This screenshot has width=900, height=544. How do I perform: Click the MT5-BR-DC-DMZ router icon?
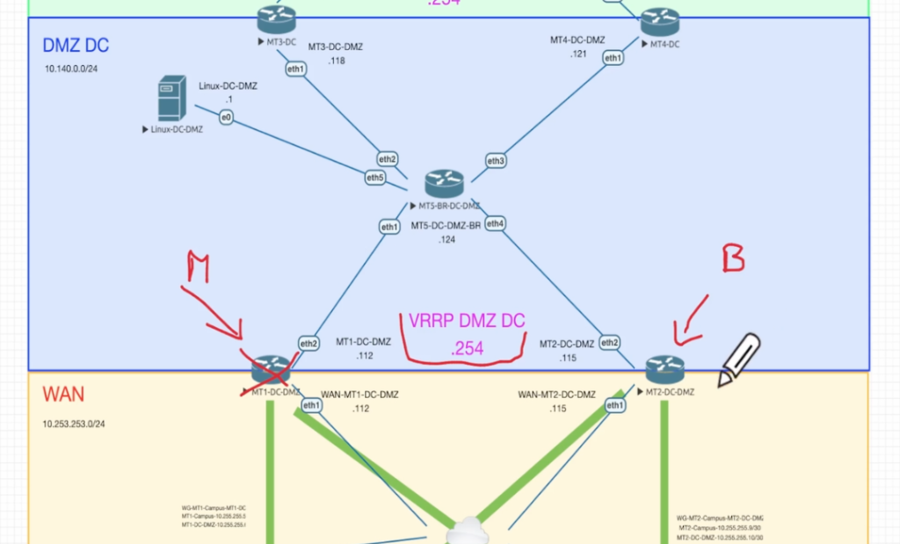(x=443, y=184)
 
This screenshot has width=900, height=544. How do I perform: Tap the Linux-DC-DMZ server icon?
(x=171, y=98)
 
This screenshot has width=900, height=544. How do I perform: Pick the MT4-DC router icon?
(x=659, y=22)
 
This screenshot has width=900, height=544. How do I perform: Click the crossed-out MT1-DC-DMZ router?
(x=271, y=372)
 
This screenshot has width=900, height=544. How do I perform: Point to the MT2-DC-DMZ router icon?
(x=664, y=370)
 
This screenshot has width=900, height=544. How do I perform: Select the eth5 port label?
(x=375, y=178)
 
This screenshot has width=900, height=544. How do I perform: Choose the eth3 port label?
(x=496, y=161)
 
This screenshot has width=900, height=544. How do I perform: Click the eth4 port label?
(x=495, y=224)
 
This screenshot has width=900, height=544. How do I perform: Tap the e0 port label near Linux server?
(x=226, y=117)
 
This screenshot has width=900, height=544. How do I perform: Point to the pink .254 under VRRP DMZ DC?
(x=467, y=349)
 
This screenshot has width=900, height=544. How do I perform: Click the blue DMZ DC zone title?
(x=76, y=45)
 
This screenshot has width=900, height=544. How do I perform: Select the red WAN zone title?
(x=64, y=395)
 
